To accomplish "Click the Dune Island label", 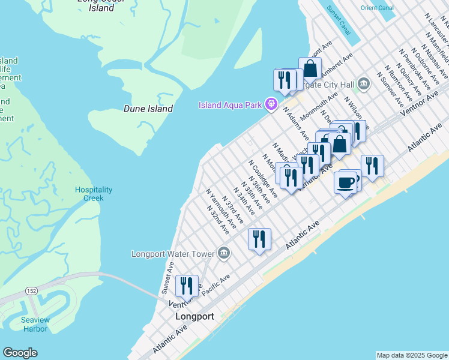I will (x=148, y=109).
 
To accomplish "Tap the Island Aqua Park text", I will (x=231, y=106).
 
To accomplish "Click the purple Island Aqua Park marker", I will (x=271, y=105).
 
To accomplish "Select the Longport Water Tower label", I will (x=173, y=254).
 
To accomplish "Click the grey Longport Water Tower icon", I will (x=224, y=253).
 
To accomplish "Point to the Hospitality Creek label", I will (x=93, y=194).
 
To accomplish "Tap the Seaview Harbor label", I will (x=35, y=324).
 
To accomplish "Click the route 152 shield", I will (x=31, y=290).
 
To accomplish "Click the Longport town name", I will (x=194, y=316).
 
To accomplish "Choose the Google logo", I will (x=20, y=353).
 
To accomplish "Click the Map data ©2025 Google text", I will (x=412, y=355).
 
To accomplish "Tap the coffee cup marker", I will (x=345, y=182).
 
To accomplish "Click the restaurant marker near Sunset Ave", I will (x=187, y=286).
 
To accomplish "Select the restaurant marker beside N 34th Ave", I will (x=259, y=239).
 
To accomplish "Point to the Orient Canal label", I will (x=376, y=8).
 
